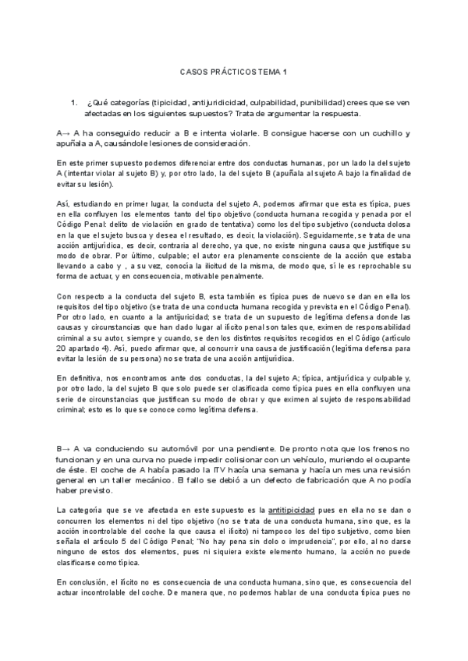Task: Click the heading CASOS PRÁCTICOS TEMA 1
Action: pyautogui.click(x=233, y=72)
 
